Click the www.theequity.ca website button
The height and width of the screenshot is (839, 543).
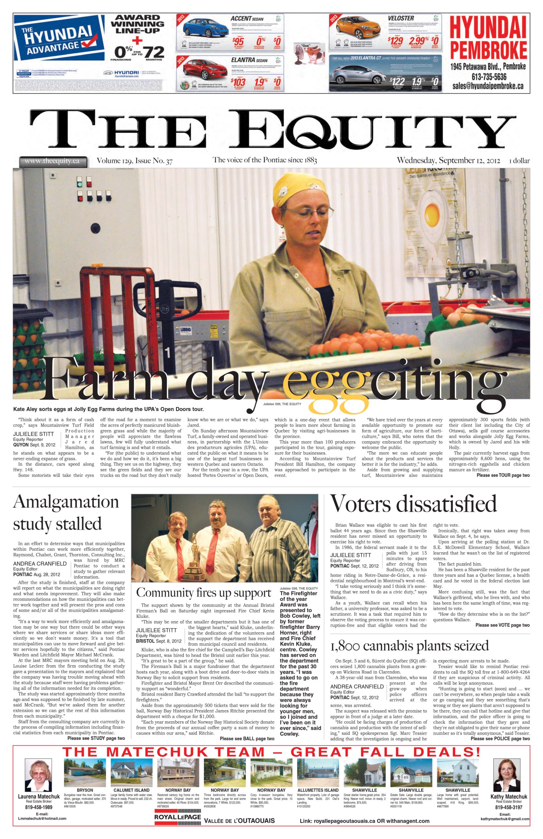[x=52, y=161]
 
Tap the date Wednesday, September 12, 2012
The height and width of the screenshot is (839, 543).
[x=448, y=160]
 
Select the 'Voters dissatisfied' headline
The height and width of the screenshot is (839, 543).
[x=413, y=503]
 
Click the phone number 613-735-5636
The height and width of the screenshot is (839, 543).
[x=489, y=76]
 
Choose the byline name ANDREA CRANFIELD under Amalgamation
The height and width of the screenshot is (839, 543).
[x=40, y=564]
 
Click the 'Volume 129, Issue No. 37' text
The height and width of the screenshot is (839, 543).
[x=135, y=161]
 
